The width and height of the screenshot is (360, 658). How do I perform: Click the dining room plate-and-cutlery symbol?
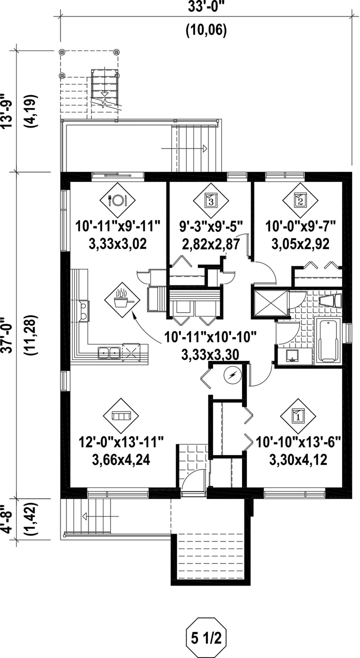(x=117, y=200)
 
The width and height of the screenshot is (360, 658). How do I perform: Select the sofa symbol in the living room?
(x=121, y=416)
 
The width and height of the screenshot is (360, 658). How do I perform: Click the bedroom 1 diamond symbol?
(x=298, y=416)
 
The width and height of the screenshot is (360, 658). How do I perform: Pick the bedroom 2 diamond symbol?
(x=300, y=200)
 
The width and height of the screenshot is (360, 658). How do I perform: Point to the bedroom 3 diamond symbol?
(x=211, y=200)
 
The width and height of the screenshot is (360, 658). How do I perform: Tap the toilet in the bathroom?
(x=330, y=301)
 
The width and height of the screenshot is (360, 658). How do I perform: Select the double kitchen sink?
(x=108, y=352)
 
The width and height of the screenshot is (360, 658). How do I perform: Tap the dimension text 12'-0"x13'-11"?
(x=121, y=442)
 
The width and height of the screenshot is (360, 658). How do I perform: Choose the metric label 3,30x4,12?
(x=298, y=460)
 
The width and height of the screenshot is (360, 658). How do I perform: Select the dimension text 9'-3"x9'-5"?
(x=211, y=226)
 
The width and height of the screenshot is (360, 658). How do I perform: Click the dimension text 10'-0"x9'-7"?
(x=300, y=226)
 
